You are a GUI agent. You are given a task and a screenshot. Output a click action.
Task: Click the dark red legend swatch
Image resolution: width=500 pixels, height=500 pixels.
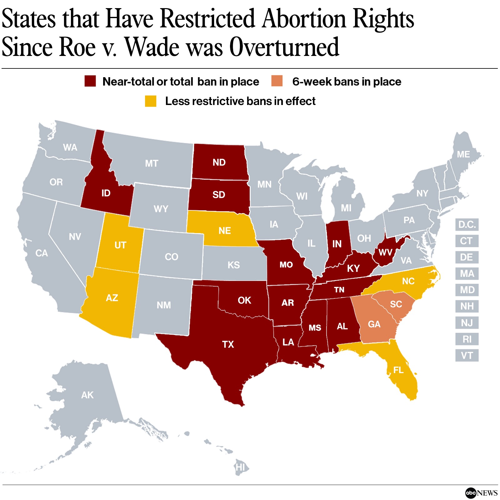click(x=90, y=81)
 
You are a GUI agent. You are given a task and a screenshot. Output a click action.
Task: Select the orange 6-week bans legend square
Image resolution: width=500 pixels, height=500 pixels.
click(x=277, y=81)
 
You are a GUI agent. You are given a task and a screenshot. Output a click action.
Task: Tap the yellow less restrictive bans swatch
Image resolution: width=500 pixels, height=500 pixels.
click(x=151, y=101)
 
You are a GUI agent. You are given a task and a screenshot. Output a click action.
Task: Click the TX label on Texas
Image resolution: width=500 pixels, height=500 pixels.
click(x=228, y=344)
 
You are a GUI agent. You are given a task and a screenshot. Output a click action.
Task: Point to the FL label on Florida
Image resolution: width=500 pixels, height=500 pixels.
click(x=398, y=370)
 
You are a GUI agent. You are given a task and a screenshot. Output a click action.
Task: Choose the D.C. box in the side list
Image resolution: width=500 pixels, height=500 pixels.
click(x=467, y=224)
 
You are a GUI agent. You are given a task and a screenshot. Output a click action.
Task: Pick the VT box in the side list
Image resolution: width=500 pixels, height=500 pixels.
click(x=467, y=355)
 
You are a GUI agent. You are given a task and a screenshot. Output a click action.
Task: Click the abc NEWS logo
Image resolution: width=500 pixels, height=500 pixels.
click(x=481, y=493)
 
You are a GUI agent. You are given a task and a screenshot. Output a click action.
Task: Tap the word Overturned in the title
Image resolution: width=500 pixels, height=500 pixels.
click(x=284, y=47)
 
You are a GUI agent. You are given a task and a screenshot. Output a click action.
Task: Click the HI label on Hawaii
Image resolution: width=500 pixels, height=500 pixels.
click(x=240, y=467)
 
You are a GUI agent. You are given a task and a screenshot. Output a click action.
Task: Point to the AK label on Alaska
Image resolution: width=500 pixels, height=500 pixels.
click(x=87, y=395)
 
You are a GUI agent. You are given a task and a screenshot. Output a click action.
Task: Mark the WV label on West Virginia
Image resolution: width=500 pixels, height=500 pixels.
click(x=385, y=252)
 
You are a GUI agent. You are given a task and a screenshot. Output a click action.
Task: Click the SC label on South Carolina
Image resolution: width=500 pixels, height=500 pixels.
click(x=396, y=304)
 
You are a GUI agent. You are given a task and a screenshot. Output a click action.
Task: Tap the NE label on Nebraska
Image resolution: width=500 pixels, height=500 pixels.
click(x=225, y=231)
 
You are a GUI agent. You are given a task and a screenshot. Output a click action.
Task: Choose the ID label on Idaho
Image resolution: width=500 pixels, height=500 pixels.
click(x=106, y=193)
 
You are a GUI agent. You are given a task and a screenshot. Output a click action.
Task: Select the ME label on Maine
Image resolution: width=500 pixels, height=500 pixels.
click(x=463, y=154)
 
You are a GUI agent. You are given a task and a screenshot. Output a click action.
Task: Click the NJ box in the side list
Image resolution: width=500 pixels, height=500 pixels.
click(x=467, y=322)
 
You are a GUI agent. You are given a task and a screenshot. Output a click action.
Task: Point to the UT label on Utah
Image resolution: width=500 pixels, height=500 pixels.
click(x=120, y=245)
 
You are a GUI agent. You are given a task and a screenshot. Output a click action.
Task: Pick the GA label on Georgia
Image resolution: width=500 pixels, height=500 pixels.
click(x=374, y=324)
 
